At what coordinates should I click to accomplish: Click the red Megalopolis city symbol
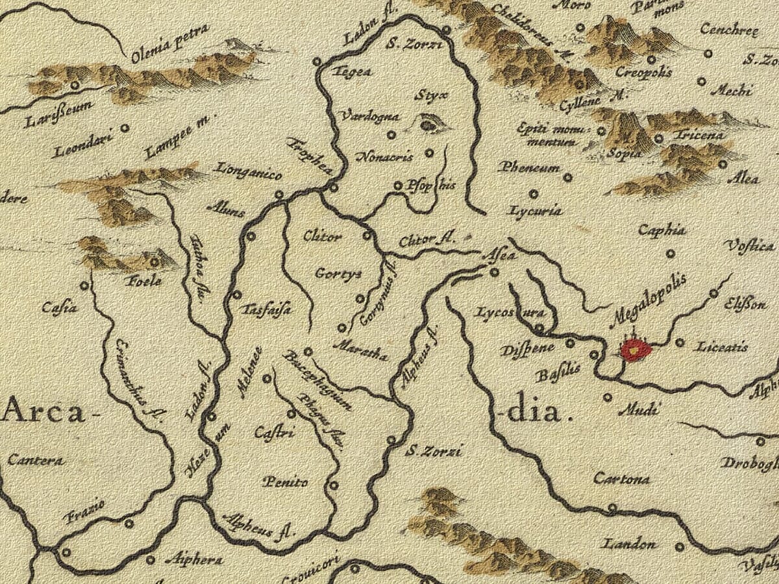(635, 350)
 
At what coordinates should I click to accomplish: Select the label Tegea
(352, 72)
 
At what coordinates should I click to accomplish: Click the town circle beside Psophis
(399, 186)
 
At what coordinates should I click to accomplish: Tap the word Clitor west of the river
(322, 237)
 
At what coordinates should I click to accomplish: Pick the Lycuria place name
(536, 211)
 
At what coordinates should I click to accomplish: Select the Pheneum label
(529, 168)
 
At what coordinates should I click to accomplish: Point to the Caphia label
(662, 230)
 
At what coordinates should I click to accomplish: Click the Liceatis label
(721, 347)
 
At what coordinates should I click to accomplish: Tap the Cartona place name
(621, 480)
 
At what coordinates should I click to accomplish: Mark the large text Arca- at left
(44, 411)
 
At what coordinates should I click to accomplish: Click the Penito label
(285, 482)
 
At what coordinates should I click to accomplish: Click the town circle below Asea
(494, 273)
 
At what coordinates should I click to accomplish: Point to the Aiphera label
(194, 559)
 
